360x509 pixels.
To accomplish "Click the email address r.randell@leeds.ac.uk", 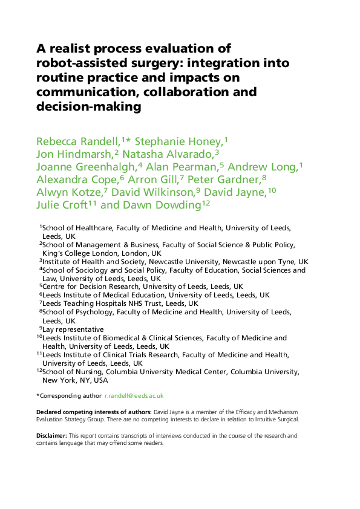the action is pyautogui.click(x=134, y=395).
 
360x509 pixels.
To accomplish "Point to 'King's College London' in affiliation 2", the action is pyautogui.click(x=79, y=253).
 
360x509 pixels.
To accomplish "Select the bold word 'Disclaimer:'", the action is pyautogui.click(x=51, y=435).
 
